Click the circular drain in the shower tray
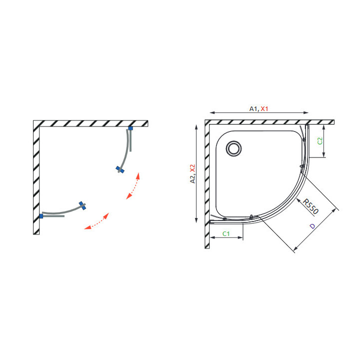click(233, 148)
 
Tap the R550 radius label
click(310, 206)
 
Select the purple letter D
click(312, 226)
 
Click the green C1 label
click(226, 233)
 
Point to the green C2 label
click(320, 140)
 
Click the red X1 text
click(264, 109)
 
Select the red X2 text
click(192, 168)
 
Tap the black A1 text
click(254, 109)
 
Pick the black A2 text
click(192, 178)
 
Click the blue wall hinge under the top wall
click(130, 128)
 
